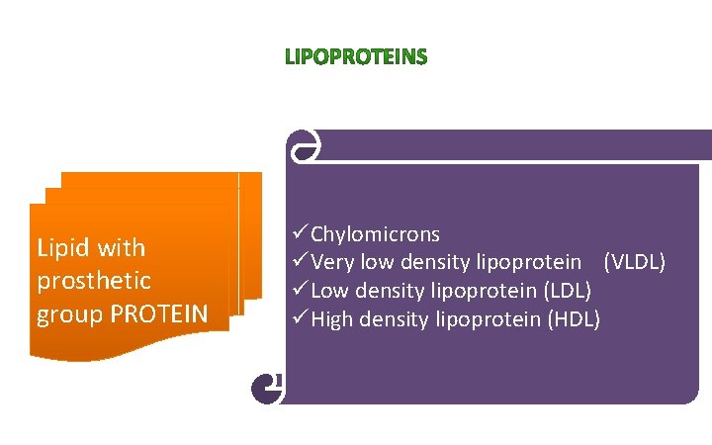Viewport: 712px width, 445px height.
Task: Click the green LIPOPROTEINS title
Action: pyautogui.click(x=356, y=58)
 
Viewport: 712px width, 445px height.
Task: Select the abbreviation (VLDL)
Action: pyautogui.click(x=635, y=262)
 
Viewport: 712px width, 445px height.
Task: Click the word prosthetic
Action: pyautogui.click(x=94, y=281)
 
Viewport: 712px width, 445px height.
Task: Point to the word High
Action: pyautogui.click(x=333, y=318)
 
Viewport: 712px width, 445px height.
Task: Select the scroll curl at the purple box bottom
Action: pyautogui.click(x=268, y=388)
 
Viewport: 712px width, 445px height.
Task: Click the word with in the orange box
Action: pyautogui.click(x=123, y=247)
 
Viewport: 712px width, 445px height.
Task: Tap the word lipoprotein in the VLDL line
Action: pyautogui.click(x=528, y=262)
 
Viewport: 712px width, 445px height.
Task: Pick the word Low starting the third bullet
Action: pyautogui.click(x=330, y=291)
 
